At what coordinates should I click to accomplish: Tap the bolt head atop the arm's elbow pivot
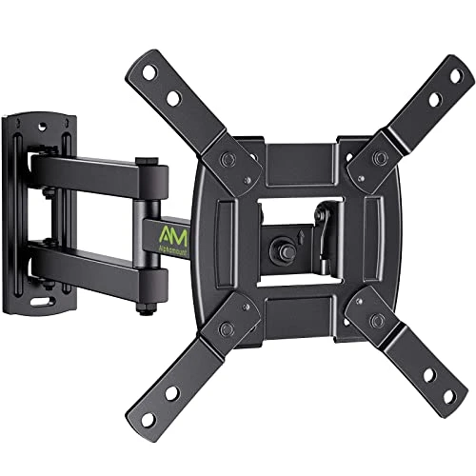(x=143, y=161)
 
